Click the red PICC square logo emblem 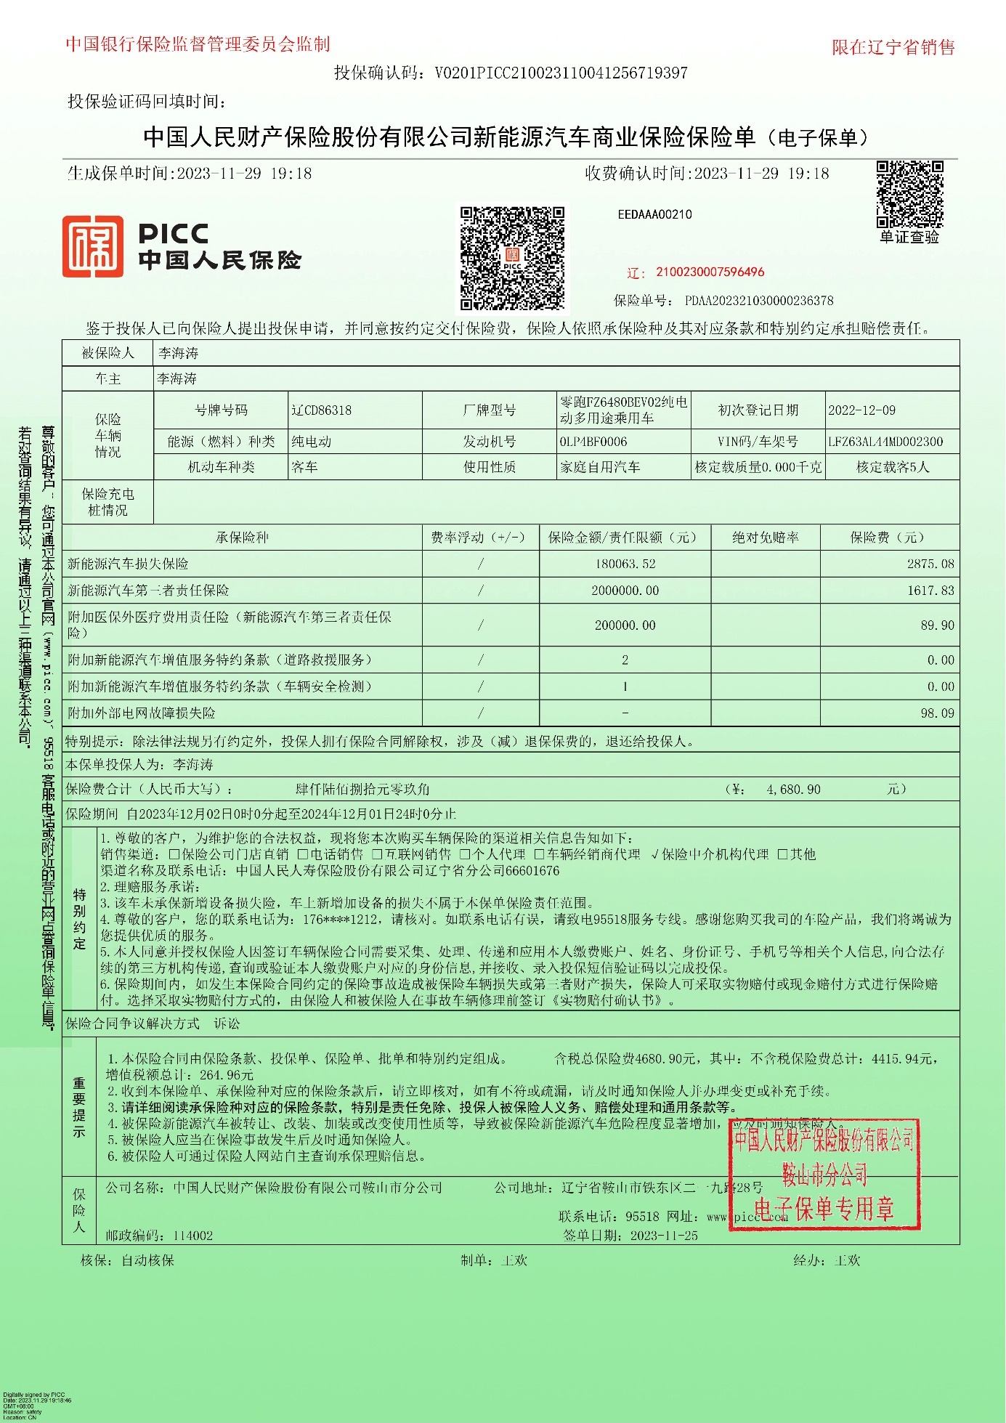[x=92, y=246]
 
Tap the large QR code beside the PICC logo [x=512, y=259]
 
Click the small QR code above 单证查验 [x=909, y=194]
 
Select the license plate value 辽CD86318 [x=322, y=410]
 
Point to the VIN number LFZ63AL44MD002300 [x=885, y=442]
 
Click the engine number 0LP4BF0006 [x=593, y=442]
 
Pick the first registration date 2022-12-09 [x=862, y=410]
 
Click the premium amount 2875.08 [x=930, y=564]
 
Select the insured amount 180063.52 [x=625, y=564]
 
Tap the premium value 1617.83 [x=930, y=591]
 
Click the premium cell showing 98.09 [x=937, y=713]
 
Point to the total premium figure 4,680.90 [x=793, y=790]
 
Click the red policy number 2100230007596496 [x=710, y=272]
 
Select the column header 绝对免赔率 [x=766, y=538]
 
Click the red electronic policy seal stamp [x=824, y=1175]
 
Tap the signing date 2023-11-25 [x=664, y=1236]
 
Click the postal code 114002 [x=192, y=1236]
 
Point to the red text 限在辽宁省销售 [x=893, y=47]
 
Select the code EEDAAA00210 [x=654, y=214]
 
